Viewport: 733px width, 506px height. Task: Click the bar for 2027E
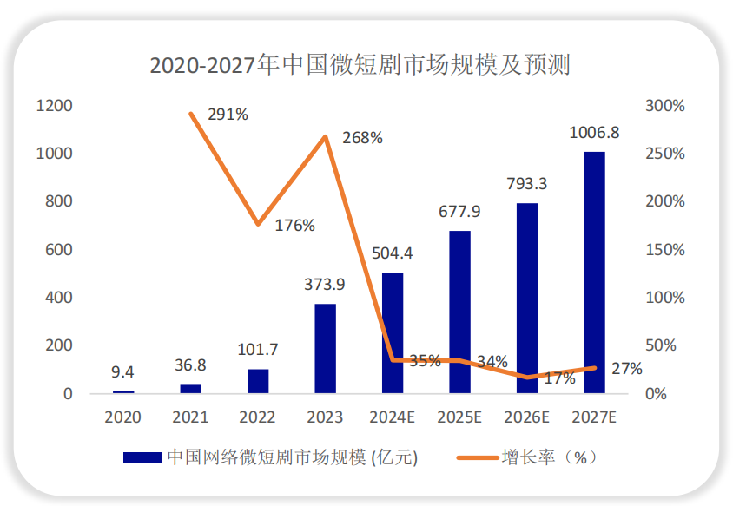(594, 273)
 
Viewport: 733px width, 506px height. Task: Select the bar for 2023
(325, 348)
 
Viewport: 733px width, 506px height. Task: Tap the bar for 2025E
(459, 312)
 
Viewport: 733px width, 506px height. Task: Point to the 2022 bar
(258, 381)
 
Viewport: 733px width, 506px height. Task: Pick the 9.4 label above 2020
(123, 372)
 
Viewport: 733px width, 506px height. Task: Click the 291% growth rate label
(228, 114)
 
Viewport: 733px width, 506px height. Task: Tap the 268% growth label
(362, 138)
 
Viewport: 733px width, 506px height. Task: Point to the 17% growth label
(561, 378)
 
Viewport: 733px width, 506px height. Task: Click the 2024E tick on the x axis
(392, 417)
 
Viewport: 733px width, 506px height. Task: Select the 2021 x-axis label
(190, 417)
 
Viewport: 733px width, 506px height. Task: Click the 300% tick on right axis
(665, 106)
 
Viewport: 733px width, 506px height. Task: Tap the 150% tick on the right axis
(665, 250)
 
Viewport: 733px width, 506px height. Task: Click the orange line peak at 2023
(326, 137)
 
